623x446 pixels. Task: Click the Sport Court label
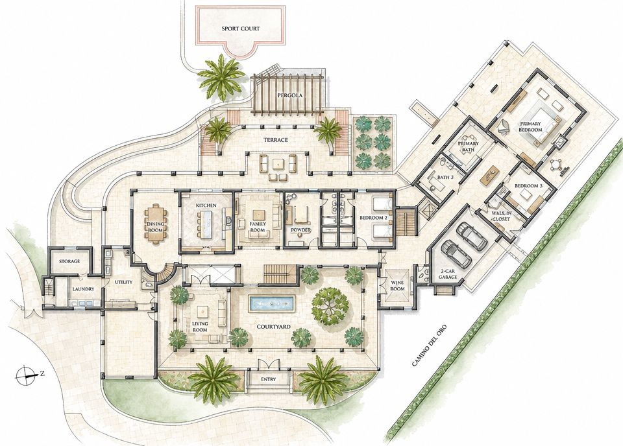(240, 29)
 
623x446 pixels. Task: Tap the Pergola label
(290, 95)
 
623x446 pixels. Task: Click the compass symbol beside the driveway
(26, 374)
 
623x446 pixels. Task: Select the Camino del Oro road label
(429, 346)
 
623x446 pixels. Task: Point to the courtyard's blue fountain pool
(272, 303)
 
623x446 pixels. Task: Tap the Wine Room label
(397, 286)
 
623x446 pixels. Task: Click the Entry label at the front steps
(269, 379)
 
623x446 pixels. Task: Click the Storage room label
(69, 261)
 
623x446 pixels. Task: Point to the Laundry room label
(83, 289)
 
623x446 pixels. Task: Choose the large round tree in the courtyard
(330, 305)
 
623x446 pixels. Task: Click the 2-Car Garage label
(447, 274)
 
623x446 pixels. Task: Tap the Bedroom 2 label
(373, 217)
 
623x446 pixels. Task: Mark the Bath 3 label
(445, 178)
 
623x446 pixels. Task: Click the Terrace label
(276, 140)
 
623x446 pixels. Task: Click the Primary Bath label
(468, 147)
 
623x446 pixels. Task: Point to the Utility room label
(123, 282)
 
